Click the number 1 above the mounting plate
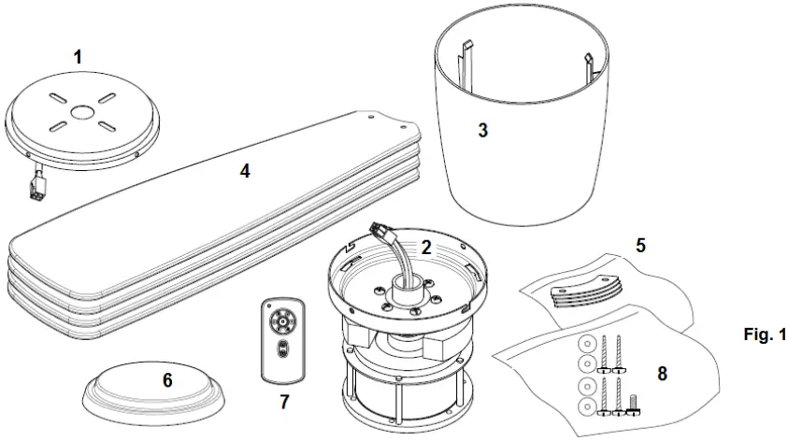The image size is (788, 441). pyautogui.click(x=78, y=57)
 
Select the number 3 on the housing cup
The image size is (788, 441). pyautogui.click(x=482, y=131)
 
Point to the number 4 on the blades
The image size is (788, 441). pyautogui.click(x=245, y=171)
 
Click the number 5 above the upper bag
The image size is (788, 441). pyautogui.click(x=642, y=246)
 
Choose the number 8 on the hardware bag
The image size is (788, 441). pyautogui.click(x=662, y=374)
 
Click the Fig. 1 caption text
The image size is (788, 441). pyautogui.click(x=764, y=334)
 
